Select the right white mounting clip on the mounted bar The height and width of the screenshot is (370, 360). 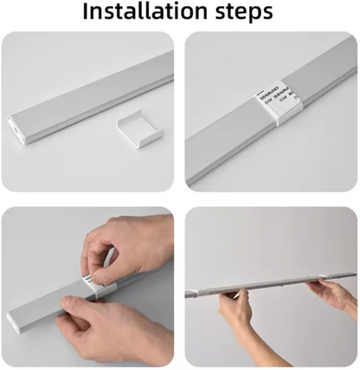pos(330,277)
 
